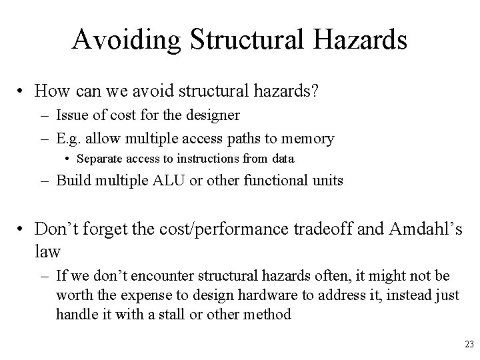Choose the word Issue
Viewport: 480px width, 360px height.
[x=72, y=115]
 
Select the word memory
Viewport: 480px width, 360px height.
[x=309, y=138]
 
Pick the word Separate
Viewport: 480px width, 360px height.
[x=99, y=159]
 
